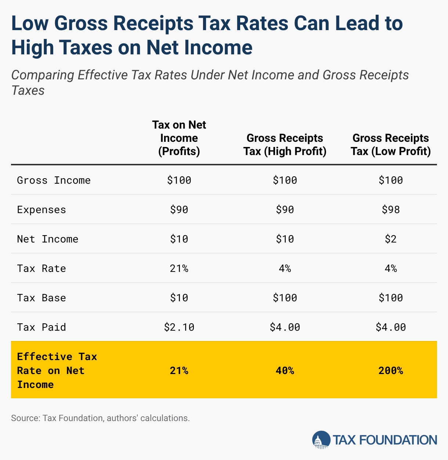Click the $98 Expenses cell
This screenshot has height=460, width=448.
(391, 210)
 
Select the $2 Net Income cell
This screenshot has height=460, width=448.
(391, 239)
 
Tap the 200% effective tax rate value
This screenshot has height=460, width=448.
(391, 370)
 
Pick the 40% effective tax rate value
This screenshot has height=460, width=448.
(285, 370)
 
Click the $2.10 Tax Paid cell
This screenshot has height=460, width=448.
(179, 327)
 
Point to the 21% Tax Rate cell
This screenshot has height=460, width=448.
(179, 269)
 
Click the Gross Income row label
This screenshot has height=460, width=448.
(54, 180)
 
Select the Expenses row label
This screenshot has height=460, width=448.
(41, 210)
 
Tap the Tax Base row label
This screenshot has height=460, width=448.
(41, 298)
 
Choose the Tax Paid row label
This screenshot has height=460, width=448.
(41, 327)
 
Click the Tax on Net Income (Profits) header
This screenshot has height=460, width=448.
(179, 138)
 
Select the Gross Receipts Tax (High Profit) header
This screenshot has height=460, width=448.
(285, 145)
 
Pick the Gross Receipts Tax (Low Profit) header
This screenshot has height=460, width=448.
(391, 145)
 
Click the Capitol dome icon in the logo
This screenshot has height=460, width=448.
(321, 440)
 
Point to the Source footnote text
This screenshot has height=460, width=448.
(100, 418)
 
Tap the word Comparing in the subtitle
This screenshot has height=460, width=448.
(43, 76)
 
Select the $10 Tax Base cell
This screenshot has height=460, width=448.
(179, 298)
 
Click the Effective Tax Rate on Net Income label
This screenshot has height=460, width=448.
(57, 370)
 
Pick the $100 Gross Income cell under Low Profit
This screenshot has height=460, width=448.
(391, 180)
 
